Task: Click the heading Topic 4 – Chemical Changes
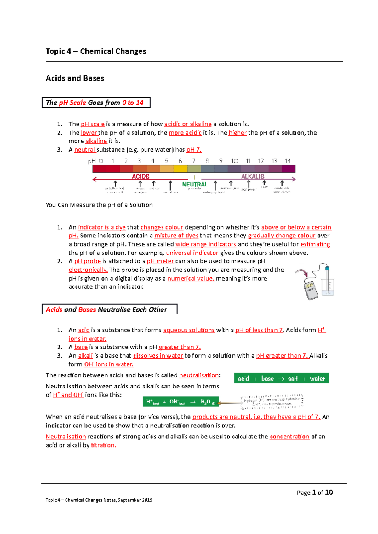coord(96,51)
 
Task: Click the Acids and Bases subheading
coord(75,78)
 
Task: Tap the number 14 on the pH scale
coord(288,161)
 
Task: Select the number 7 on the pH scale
coord(194,161)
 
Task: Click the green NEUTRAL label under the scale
coord(195,184)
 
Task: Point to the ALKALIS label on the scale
coord(253,176)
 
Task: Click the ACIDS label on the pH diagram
coord(140,176)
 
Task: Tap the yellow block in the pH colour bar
coord(180,169)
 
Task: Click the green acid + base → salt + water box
coord(281,378)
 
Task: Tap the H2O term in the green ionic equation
coord(206,402)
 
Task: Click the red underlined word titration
coord(103,445)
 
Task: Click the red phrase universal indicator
coord(192,253)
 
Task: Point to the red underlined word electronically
coord(88,270)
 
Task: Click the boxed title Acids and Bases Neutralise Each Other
coord(109,309)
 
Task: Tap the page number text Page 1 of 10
coord(314,492)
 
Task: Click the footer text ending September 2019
coord(99,500)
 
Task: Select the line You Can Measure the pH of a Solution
coord(99,205)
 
